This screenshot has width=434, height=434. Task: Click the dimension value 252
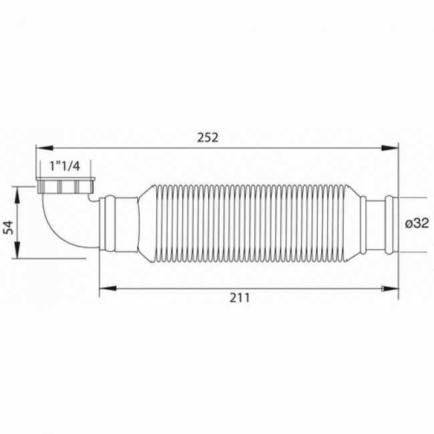tap(208, 137)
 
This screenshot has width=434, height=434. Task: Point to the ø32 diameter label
tap(417, 224)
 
